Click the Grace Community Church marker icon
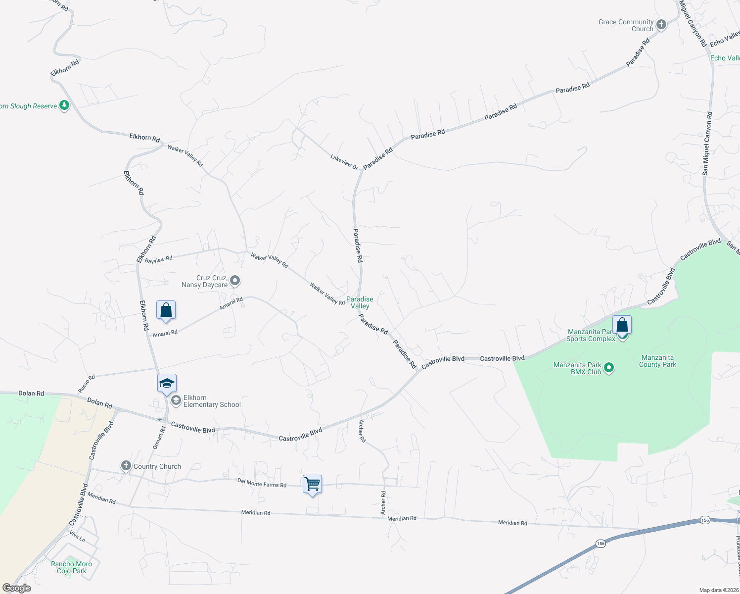661,24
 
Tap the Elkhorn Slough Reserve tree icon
64,105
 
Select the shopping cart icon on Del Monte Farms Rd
312,484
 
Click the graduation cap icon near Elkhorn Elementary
167,383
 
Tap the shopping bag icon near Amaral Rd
166,310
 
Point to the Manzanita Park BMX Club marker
609,368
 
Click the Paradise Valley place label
360,302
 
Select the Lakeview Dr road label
344,161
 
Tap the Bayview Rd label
158,259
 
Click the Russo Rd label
86,384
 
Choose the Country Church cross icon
126,466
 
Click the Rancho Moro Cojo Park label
72,567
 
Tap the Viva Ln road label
77,536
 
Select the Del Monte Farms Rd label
262,483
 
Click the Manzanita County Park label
657,361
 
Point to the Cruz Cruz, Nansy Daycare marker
235,281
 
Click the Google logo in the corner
16,588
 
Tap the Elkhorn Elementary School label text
212,401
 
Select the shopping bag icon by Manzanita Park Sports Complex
622,325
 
